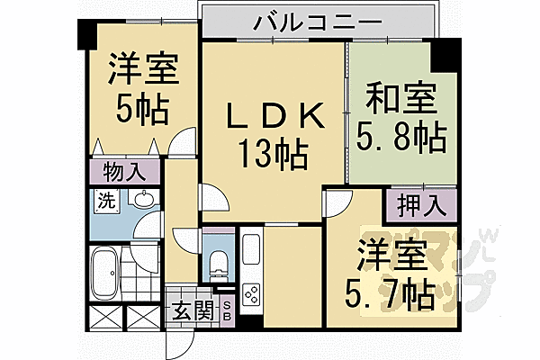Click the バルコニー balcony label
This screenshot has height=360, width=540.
pyautogui.click(x=306, y=22)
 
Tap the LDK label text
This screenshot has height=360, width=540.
pyautogui.click(x=273, y=118)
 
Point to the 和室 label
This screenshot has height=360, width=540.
pyautogui.click(x=391, y=96)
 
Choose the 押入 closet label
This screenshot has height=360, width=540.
pyautogui.click(x=420, y=203)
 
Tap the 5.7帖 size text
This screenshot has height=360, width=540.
pyautogui.click(x=391, y=292)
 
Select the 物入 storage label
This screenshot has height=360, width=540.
pyautogui.click(x=123, y=170)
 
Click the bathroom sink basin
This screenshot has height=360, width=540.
pyautogui.click(x=141, y=199)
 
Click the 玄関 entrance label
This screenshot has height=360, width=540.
pyautogui.click(x=191, y=312)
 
